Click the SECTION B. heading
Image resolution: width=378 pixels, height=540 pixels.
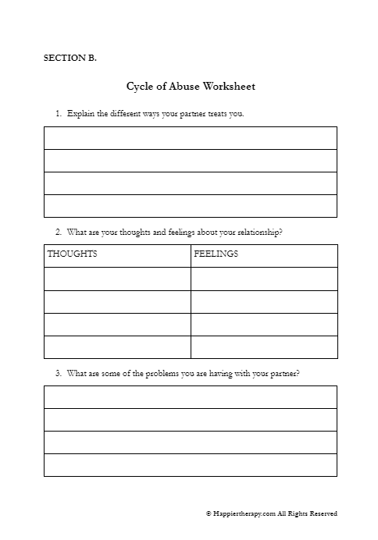pos(70,58)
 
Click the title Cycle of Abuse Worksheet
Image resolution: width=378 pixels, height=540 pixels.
pos(191,87)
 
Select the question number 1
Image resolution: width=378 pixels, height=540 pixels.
pos(58,114)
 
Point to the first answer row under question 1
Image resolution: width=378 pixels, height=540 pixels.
pos(191,138)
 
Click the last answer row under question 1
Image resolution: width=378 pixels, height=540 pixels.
pos(191,206)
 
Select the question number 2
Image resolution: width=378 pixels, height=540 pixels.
pos(58,232)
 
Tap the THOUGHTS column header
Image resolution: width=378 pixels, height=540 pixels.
pos(73,254)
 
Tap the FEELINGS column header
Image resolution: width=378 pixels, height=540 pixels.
pos(216,254)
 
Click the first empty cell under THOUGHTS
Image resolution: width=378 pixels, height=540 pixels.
pos(117,279)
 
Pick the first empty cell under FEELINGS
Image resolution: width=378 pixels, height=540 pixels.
pos(264,279)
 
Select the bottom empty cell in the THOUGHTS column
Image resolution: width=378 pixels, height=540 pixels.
pos(117,347)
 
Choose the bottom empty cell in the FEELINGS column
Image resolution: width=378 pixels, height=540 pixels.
pos(264,347)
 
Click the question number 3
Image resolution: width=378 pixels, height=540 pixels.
pos(58,373)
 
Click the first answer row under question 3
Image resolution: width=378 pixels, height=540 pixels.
pos(191,397)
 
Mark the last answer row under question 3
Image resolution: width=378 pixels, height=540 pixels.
pos(191,465)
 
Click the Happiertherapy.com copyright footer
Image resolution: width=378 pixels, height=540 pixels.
pos(271,513)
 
